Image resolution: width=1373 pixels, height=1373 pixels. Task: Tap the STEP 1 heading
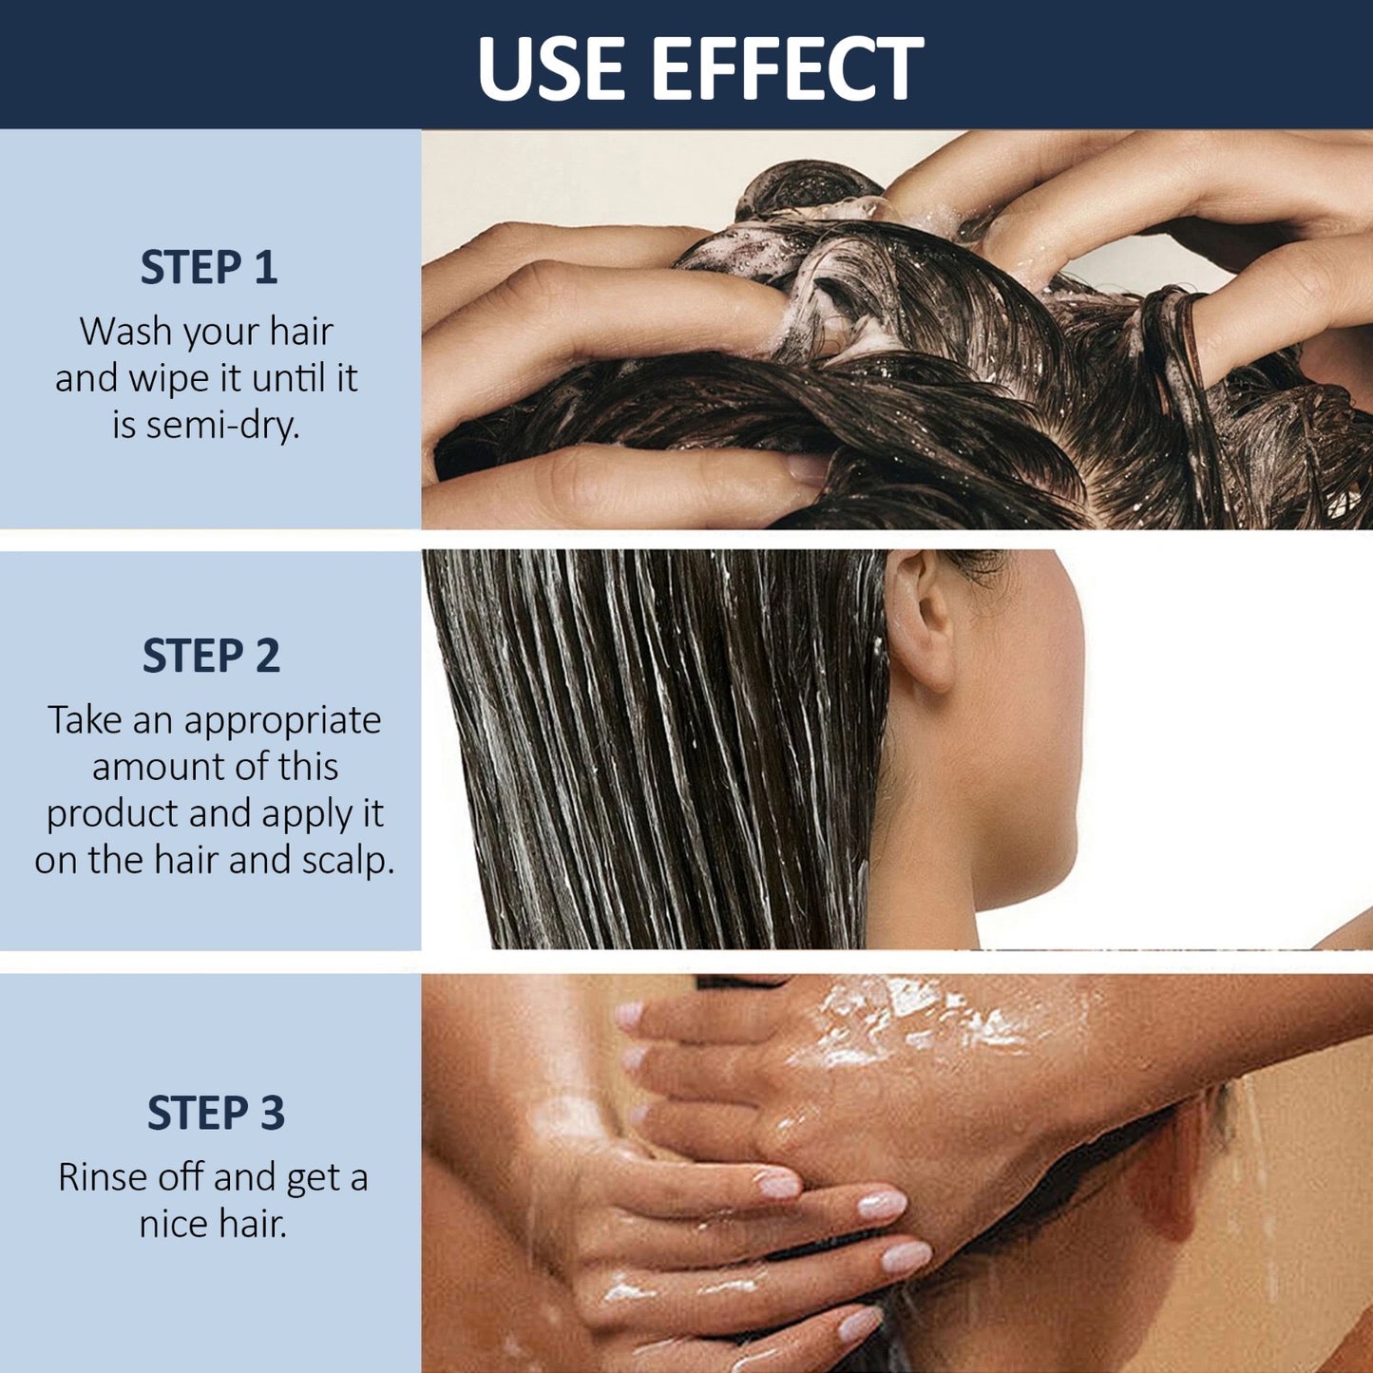pos(209,267)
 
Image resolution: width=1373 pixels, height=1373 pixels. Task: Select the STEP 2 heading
pos(211,656)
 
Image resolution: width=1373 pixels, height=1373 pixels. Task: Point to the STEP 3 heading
pos(216,1113)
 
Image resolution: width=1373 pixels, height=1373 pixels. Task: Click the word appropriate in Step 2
pos(283,721)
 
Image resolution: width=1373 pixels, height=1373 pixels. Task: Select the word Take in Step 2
pos(86,720)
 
